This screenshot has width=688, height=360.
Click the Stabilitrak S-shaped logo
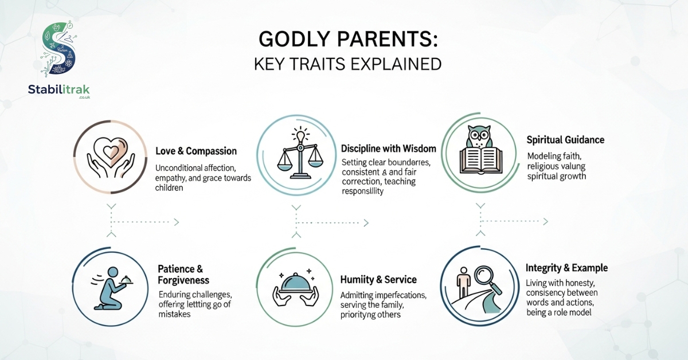59,49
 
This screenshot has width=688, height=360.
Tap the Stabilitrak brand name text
58,89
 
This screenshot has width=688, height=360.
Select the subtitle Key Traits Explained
347,64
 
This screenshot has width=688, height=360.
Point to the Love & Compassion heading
196,151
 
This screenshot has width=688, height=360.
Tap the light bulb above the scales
300,135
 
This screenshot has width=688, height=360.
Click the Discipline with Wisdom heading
389,148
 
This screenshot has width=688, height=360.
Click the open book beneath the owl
481,160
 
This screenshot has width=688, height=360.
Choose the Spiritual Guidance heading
565,140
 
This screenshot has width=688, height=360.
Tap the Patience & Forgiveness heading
183,275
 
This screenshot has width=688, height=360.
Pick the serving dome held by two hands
295,289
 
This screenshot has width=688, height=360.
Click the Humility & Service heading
378,280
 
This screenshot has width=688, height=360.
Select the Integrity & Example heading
566,268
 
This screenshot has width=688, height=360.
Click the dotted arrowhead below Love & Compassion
177,222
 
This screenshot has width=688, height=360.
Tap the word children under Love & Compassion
169,187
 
